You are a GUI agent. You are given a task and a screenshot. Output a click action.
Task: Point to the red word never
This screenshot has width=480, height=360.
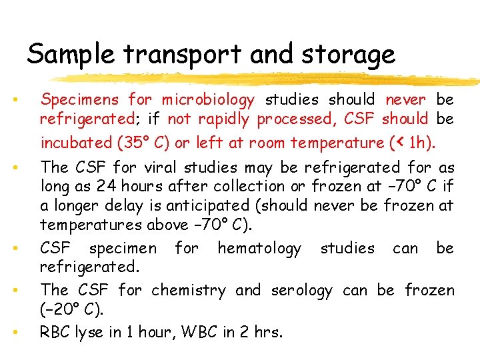(405, 100)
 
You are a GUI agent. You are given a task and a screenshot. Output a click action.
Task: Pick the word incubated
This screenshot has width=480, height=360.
(77, 143)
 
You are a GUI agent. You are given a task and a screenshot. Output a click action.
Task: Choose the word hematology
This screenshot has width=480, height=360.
(259, 249)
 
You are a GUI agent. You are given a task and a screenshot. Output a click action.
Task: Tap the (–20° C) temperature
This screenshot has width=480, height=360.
(73, 310)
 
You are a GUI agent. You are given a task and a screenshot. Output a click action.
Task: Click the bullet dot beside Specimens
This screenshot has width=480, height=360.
(14, 101)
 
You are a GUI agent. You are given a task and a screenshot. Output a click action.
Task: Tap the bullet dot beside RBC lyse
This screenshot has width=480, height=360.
(14, 331)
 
